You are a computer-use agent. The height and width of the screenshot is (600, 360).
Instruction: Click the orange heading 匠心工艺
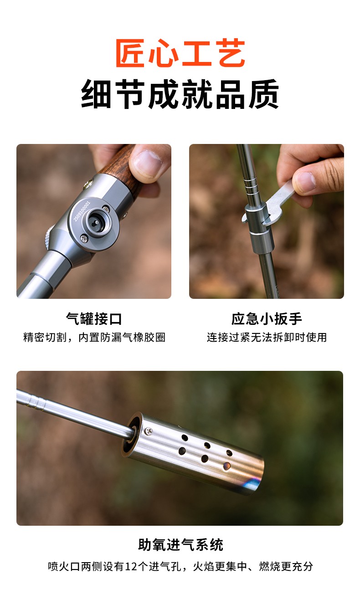180,53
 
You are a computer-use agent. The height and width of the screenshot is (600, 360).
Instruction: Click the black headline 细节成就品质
180,94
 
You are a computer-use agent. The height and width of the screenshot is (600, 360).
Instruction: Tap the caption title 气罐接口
94,319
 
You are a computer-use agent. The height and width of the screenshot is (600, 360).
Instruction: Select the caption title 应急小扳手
267,319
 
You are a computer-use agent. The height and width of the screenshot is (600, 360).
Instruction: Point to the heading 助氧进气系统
180,544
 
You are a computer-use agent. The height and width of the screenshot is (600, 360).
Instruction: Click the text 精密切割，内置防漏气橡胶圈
94,337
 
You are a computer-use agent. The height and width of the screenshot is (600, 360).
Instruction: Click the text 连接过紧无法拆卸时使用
267,337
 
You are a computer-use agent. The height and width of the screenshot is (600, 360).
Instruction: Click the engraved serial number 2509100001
82,211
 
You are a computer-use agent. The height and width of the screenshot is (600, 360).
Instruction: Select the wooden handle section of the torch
123,169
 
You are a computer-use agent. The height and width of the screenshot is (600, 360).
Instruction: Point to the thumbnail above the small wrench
305,182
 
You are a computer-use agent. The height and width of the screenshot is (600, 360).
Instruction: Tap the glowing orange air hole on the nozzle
226,466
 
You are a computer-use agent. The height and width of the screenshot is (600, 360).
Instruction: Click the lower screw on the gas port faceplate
84,238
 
